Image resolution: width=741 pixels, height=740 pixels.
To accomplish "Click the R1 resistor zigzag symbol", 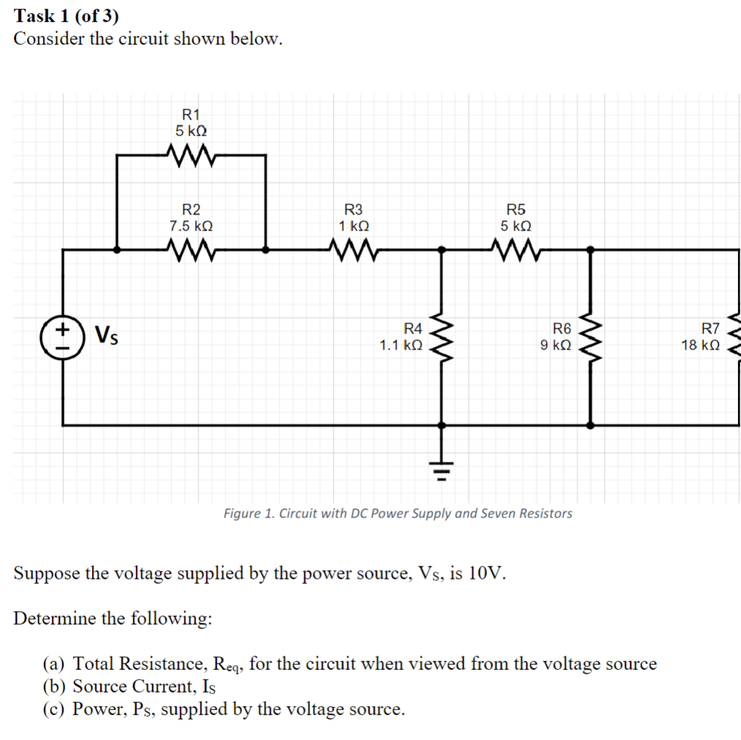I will pyautogui.click(x=191, y=155).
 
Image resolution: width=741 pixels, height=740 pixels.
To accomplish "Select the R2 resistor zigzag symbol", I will pyautogui.click(x=191, y=250).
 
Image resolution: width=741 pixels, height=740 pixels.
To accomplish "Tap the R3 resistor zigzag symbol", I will pyautogui.click(x=354, y=250).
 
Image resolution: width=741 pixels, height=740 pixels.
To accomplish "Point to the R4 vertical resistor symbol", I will pyautogui.click(x=441, y=336).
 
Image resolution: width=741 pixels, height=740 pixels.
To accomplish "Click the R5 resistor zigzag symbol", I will pyautogui.click(x=516, y=250).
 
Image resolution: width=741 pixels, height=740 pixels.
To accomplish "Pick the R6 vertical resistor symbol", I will pyautogui.click(x=590, y=336).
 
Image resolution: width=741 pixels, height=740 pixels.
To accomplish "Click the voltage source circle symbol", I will pyautogui.click(x=63, y=336).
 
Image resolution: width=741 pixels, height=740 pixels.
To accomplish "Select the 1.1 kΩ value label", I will pyautogui.click(x=401, y=345).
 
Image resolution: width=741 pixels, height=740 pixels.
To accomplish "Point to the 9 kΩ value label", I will pyautogui.click(x=556, y=345).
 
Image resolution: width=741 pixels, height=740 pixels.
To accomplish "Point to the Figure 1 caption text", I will pyautogui.click(x=398, y=513).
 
